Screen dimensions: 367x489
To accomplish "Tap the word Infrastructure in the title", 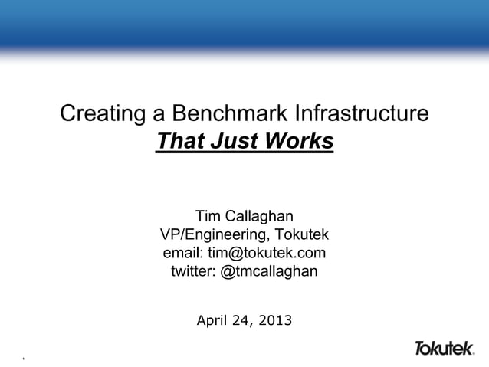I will point(360,116).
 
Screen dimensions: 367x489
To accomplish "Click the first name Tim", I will point(210,215).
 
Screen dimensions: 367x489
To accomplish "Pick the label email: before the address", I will point(183,253).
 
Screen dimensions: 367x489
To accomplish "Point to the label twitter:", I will point(193,271).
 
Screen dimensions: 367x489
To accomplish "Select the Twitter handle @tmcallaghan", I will point(269,271).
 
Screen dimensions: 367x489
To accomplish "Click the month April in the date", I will point(214,319).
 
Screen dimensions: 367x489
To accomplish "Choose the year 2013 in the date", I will point(275,319).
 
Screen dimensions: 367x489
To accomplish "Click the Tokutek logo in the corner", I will point(444,349).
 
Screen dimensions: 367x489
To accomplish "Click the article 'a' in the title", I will point(159,116).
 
